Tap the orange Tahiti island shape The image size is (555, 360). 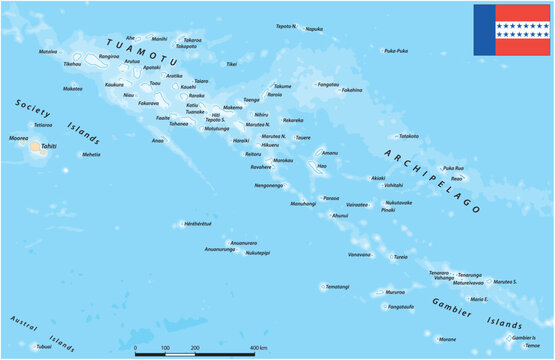(38, 147)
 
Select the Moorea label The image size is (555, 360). (17, 138)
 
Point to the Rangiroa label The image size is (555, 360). (109, 57)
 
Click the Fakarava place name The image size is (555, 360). (148, 103)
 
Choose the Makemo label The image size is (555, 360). (232, 107)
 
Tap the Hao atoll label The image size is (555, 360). (322, 166)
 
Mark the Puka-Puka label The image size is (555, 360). (396, 50)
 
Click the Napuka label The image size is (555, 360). (314, 29)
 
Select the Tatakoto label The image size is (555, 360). (408, 136)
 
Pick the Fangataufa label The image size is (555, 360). (400, 307)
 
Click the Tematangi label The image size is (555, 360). (338, 287)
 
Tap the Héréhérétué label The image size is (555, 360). (198, 224)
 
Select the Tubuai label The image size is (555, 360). (43, 347)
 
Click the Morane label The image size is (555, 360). (446, 339)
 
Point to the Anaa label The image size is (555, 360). (157, 140)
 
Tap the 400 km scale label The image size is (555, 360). (258, 347)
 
